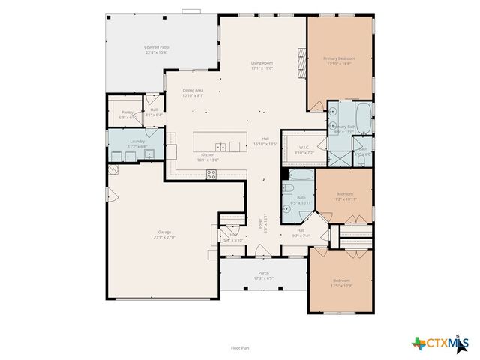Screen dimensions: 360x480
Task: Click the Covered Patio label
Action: point(156,49)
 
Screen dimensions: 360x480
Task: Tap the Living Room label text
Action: point(261,65)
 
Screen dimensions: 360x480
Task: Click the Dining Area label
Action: point(193,93)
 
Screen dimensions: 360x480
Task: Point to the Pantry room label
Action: point(127,114)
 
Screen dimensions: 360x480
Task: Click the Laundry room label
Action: point(137,142)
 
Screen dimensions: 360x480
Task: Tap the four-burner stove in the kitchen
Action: point(211,174)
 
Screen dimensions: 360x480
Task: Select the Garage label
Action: point(164,234)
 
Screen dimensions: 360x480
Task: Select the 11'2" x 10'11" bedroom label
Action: point(345,196)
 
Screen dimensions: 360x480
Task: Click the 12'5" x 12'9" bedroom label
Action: point(341,283)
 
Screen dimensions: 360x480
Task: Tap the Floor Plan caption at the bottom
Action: point(241,347)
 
